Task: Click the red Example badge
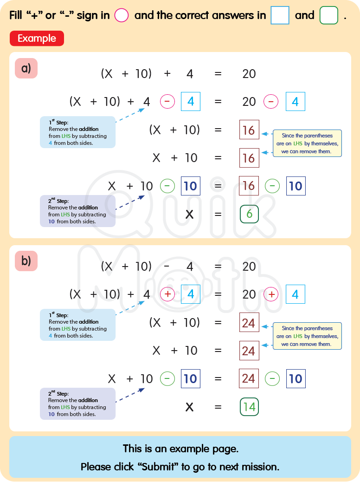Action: pyautogui.click(x=37, y=39)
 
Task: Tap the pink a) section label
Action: pyautogui.click(x=26, y=68)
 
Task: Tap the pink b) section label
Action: pyautogui.click(x=26, y=261)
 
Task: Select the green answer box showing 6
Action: pyautogui.click(x=249, y=214)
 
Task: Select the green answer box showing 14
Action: pyautogui.click(x=249, y=407)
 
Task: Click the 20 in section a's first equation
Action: pyautogui.click(x=249, y=73)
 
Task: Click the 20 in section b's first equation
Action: pyautogui.click(x=249, y=266)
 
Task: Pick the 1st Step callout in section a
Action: pyautogui.click(x=77, y=132)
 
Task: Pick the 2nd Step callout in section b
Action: pyautogui.click(x=77, y=404)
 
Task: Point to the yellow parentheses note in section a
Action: pyautogui.click(x=307, y=143)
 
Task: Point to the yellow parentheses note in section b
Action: pyautogui.click(x=307, y=336)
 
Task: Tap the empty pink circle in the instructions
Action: pyautogui.click(x=121, y=15)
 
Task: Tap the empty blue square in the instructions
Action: pyautogui.click(x=280, y=15)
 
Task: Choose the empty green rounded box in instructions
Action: pyautogui.click(x=329, y=15)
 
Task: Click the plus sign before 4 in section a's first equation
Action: pyautogui.click(x=167, y=73)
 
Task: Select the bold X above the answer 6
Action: pyautogui.click(x=189, y=214)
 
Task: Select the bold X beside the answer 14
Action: pyautogui.click(x=189, y=407)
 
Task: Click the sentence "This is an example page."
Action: pyautogui.click(x=180, y=449)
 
